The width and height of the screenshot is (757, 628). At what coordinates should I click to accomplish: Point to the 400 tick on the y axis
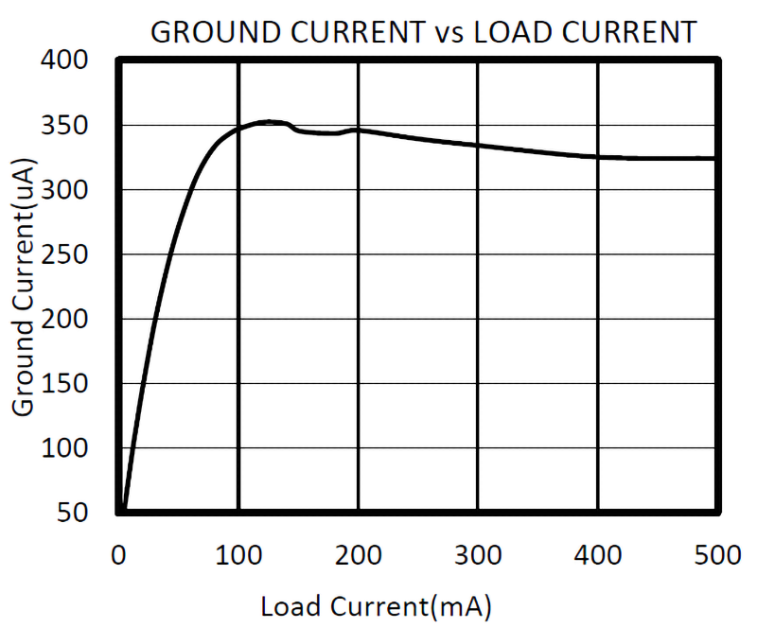pyautogui.click(x=67, y=61)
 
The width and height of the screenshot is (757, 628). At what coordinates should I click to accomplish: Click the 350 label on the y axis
pyautogui.click(x=67, y=127)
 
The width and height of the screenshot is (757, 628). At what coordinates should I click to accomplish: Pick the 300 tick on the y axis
pyautogui.click(x=67, y=191)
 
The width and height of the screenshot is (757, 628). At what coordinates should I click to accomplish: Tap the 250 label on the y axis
pyautogui.click(x=67, y=255)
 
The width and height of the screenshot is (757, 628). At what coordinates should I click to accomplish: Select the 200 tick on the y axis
pyautogui.click(x=67, y=320)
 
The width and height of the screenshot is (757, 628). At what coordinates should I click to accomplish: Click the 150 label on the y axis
pyautogui.click(x=67, y=384)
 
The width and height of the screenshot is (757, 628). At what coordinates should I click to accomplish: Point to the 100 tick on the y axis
pyautogui.click(x=67, y=448)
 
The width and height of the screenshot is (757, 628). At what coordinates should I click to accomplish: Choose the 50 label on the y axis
pyautogui.click(x=75, y=513)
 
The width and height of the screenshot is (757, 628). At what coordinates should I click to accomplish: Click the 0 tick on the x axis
pyautogui.click(x=118, y=554)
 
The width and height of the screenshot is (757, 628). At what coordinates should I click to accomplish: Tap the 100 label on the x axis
pyautogui.click(x=238, y=554)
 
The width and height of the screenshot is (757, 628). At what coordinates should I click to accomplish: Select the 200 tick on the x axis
pyautogui.click(x=358, y=554)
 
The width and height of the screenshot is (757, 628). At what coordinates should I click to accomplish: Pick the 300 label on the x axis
pyautogui.click(x=477, y=554)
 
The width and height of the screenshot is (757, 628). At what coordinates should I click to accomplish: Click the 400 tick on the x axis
pyautogui.click(x=597, y=554)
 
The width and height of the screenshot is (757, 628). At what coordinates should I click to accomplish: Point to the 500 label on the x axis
pyautogui.click(x=714, y=554)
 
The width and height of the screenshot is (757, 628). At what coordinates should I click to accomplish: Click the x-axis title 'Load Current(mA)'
pyautogui.click(x=376, y=606)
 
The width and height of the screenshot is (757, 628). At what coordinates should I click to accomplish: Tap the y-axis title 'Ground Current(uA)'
pyautogui.click(x=24, y=286)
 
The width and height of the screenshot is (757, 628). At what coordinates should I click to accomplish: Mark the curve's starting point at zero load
pyautogui.click(x=120, y=512)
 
